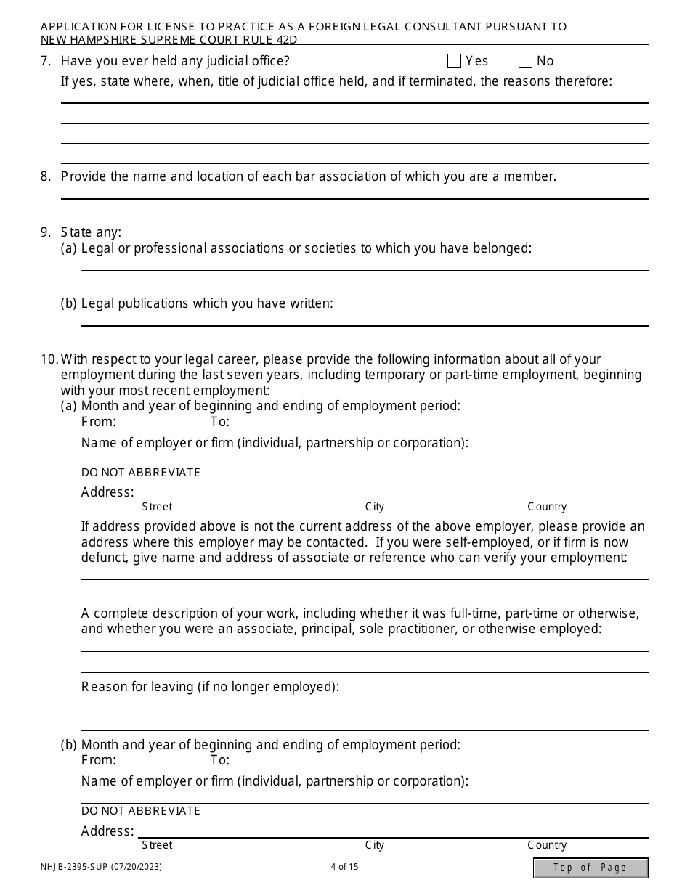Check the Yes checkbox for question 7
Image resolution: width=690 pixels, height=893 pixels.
tap(455, 61)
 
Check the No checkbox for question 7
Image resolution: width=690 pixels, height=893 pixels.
tap(526, 61)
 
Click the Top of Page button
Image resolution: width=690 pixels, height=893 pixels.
tap(590, 868)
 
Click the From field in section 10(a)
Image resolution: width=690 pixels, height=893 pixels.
tap(163, 422)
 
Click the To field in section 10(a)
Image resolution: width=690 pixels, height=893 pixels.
tap(280, 422)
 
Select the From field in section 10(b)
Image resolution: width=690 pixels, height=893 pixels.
tap(163, 760)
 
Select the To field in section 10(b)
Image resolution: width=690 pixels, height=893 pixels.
tap(280, 760)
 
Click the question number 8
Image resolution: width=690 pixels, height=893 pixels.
tap(46, 176)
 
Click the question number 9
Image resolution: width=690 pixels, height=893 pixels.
tap(46, 232)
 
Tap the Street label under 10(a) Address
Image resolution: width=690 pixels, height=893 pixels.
tap(157, 507)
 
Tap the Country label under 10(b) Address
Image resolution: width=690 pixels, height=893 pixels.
tap(547, 845)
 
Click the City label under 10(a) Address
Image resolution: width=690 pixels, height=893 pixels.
tap(375, 507)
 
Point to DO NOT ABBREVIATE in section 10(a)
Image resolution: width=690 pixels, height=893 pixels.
tap(141, 473)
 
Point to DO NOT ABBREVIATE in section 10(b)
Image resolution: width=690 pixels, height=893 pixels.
tap(141, 811)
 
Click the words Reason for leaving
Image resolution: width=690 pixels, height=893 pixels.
tap(137, 687)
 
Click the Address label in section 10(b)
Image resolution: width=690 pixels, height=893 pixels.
tap(107, 831)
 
